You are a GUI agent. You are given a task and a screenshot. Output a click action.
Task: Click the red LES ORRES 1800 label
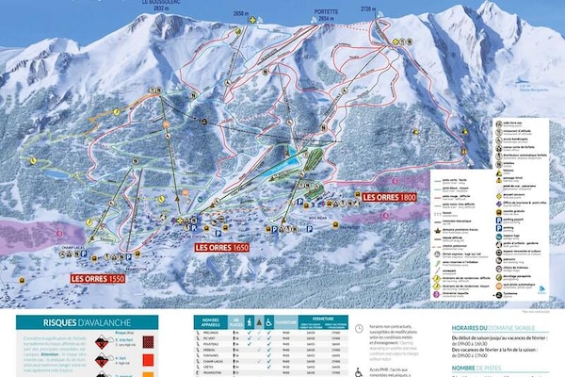pyautogui.click(x=389, y=197)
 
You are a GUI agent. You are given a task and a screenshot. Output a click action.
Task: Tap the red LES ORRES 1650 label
pyautogui.click(x=222, y=247)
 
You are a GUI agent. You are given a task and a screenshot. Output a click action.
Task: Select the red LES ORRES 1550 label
pyautogui.click(x=98, y=280)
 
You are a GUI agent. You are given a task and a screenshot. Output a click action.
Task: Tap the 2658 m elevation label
pyautogui.click(x=242, y=13)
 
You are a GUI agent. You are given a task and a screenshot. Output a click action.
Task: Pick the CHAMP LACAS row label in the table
pyautogui.click(x=212, y=359)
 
